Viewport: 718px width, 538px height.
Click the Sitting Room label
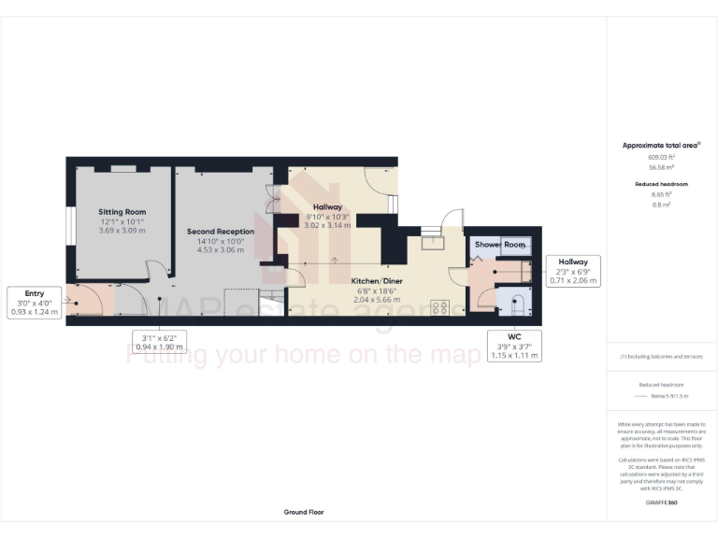pyautogui.click(x=122, y=212)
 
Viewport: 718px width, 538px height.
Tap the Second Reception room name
pyautogui.click(x=221, y=231)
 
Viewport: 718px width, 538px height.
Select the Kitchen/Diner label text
pyautogui.click(x=377, y=280)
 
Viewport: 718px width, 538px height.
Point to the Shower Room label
pyautogui.click(x=500, y=245)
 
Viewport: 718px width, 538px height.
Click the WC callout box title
pyautogui.click(x=514, y=336)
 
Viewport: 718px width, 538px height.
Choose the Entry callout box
pyautogui.click(x=35, y=304)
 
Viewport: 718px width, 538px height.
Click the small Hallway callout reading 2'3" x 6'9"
pyautogui.click(x=573, y=271)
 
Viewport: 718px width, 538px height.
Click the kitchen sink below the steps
pyautogui.click(x=433, y=245)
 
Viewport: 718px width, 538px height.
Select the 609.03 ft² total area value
pyautogui.click(x=662, y=157)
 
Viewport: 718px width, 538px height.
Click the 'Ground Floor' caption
pyautogui.click(x=304, y=512)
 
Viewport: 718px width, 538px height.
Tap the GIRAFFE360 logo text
pyautogui.click(x=661, y=503)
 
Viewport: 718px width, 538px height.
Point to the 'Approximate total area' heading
pyautogui.click(x=661, y=145)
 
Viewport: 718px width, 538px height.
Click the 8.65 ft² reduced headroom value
pyautogui.click(x=662, y=195)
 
